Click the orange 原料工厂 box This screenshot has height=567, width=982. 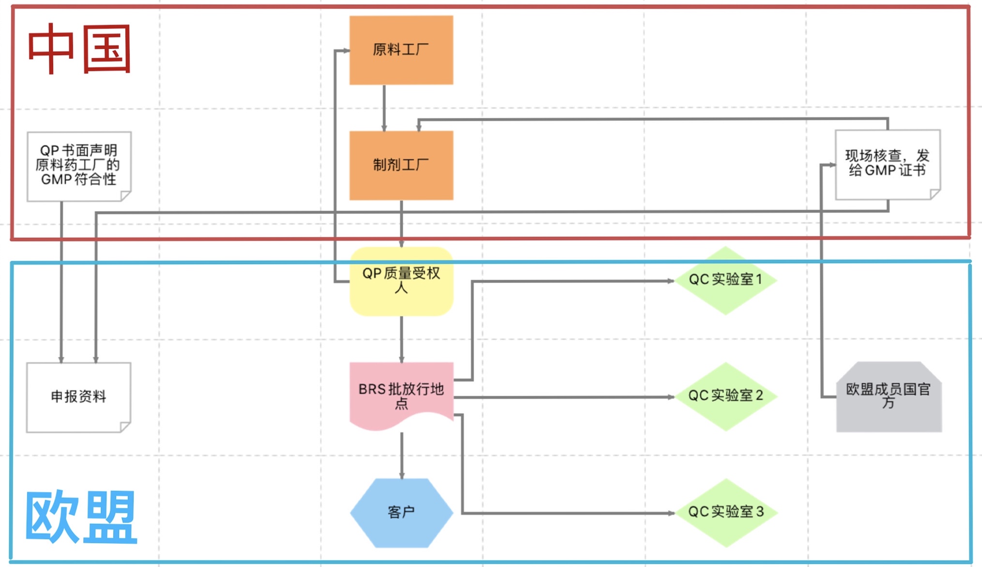click(401, 50)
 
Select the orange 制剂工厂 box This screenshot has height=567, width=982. click(401, 165)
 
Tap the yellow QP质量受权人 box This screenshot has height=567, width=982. click(401, 281)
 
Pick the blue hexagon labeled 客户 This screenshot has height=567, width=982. click(401, 513)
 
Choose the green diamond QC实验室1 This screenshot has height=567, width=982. click(725, 280)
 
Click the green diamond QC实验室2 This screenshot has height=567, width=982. click(725, 396)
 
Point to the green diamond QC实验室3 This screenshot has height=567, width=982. click(725, 512)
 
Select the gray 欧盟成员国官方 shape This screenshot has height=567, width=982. click(889, 396)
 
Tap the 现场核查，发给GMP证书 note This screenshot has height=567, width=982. click(887, 164)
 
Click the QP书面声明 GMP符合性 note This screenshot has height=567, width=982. click(78, 165)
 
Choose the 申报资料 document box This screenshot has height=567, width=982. click(78, 397)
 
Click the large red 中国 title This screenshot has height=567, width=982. click(79, 49)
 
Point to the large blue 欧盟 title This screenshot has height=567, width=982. click(80, 517)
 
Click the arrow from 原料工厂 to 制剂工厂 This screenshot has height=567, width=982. click(384, 108)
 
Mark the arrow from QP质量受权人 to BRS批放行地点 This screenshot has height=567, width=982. click(401, 339)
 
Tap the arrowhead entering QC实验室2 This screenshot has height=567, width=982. click(671, 397)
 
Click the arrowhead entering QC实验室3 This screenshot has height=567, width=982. click(671, 513)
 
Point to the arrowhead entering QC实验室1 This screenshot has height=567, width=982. click(671, 281)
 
